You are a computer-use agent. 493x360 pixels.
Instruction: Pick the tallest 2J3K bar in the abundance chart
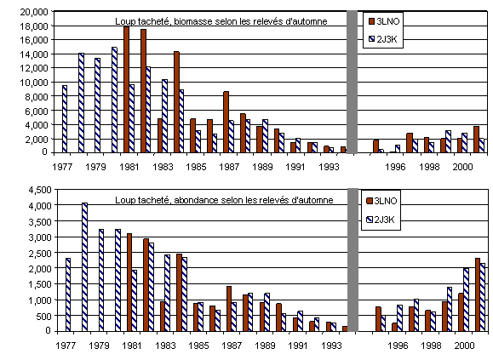84,266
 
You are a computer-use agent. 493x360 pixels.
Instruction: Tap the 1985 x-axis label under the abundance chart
198,346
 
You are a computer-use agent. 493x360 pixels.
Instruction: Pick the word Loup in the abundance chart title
124,200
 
